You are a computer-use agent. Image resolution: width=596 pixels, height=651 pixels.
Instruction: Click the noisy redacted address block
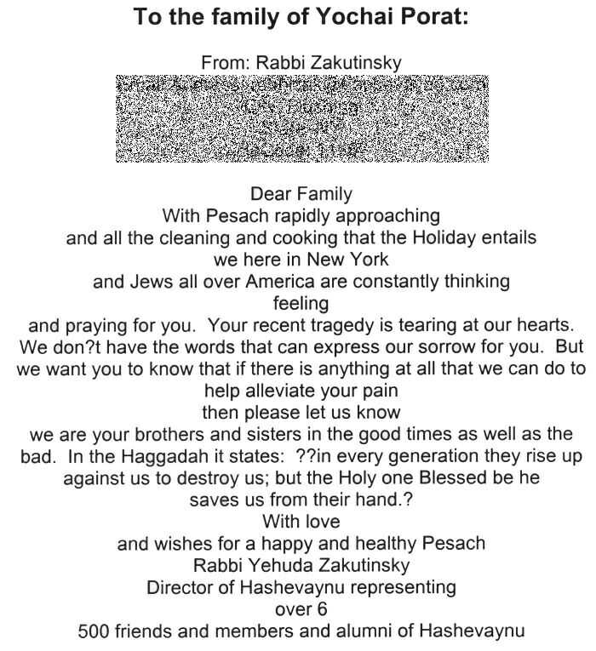[x=302, y=118]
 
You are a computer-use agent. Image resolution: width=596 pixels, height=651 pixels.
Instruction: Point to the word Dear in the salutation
[x=269, y=194]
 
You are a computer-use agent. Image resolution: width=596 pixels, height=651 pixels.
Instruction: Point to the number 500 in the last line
[x=94, y=631]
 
